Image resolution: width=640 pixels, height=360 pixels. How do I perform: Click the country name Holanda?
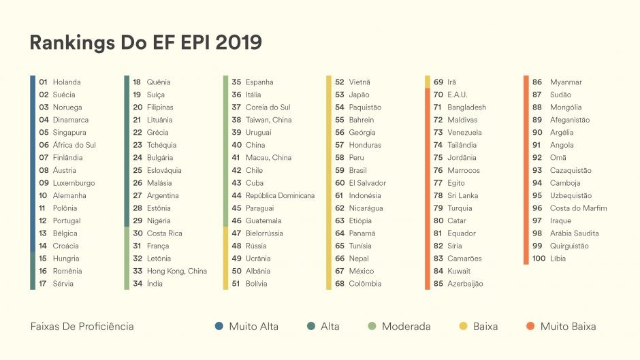click(x=66, y=82)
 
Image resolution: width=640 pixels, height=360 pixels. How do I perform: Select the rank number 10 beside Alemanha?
click(x=43, y=196)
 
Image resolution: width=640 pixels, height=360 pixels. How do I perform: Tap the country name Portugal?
click(x=66, y=221)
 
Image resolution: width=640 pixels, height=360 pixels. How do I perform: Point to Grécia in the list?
click(x=157, y=133)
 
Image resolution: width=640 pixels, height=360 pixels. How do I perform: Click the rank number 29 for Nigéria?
click(x=137, y=221)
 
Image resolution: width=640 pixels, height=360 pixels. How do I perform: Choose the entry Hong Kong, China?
click(x=176, y=272)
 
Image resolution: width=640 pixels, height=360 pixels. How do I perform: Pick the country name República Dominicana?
click(x=280, y=196)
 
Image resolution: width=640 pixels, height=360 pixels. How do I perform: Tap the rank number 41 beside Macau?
click(x=236, y=158)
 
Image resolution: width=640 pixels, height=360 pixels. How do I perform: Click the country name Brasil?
click(x=358, y=171)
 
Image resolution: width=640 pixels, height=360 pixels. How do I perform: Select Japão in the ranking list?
click(x=359, y=95)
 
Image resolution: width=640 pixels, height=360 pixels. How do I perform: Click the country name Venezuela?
click(x=464, y=133)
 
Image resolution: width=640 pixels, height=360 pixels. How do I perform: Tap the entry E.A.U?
click(x=458, y=95)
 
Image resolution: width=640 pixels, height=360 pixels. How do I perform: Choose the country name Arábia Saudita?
click(x=574, y=233)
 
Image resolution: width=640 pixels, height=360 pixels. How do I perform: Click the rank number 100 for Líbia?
click(x=539, y=259)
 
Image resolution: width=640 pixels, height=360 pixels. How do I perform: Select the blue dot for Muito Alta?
click(x=219, y=327)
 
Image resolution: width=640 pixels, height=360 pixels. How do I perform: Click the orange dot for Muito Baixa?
click(x=530, y=327)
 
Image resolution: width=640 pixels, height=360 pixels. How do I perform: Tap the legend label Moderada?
click(x=406, y=327)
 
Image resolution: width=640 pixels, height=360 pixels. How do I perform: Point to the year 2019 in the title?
click(x=238, y=42)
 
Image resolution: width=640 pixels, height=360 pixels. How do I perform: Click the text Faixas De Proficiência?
click(x=82, y=327)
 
